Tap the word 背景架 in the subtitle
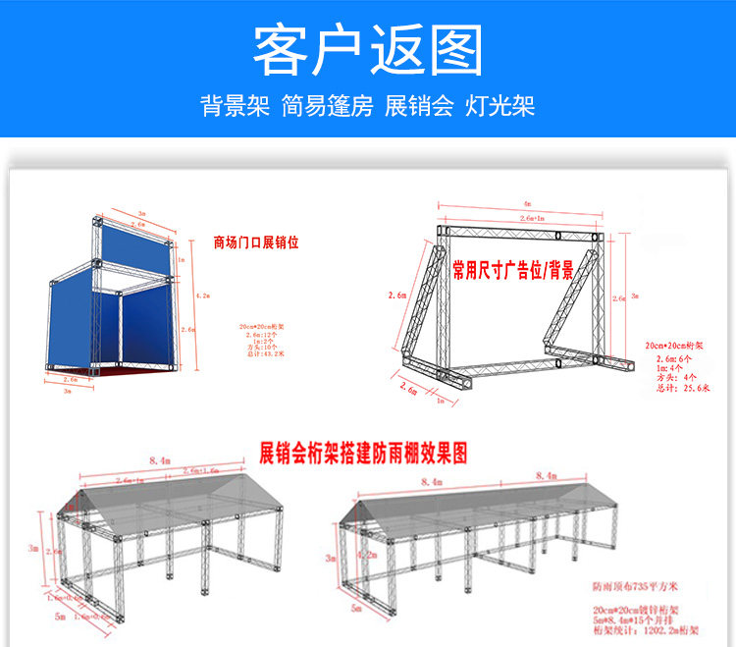[235, 106]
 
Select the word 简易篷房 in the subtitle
[327, 106]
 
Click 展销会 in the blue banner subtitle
[419, 106]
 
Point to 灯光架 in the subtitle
[500, 106]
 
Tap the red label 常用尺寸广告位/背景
[512, 268]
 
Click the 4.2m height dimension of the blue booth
[202, 295]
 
